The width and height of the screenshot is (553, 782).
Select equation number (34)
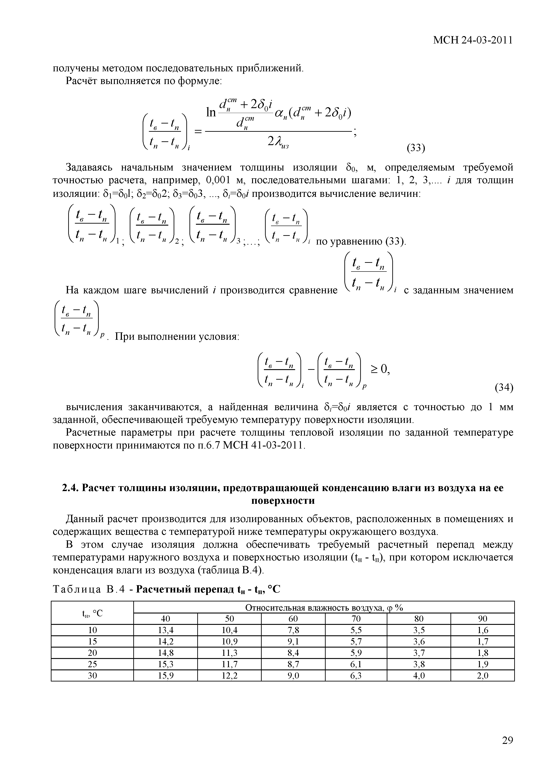(x=504, y=388)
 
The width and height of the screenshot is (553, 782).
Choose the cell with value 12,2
(x=229, y=675)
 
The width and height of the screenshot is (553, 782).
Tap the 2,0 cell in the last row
(x=483, y=675)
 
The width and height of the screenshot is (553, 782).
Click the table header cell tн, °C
(x=92, y=613)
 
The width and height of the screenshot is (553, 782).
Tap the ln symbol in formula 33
(x=211, y=112)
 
